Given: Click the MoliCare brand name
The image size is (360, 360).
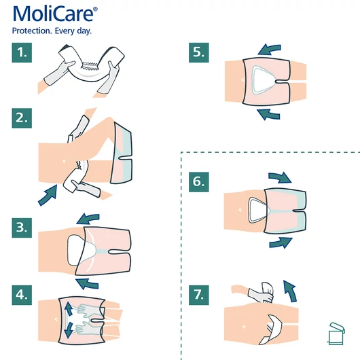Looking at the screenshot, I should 54,14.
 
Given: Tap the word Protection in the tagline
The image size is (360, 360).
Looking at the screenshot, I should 33,32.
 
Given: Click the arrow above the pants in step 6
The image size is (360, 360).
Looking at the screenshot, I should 280,177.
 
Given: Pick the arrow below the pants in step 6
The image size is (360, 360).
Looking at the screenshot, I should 280,242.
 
